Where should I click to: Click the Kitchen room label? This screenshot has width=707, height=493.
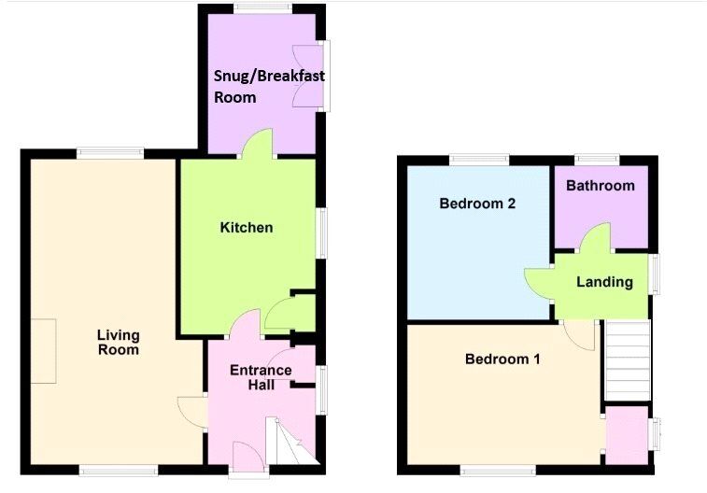(247, 228)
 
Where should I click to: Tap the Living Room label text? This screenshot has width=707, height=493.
(118, 343)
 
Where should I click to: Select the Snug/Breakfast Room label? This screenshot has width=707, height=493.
(269, 86)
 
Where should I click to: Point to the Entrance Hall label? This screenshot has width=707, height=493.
(261, 377)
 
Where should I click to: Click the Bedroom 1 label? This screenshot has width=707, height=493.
(502, 359)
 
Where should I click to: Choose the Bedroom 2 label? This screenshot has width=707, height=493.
(477, 204)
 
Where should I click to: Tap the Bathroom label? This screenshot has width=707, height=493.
(601, 186)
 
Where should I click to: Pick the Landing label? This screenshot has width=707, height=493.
(604, 282)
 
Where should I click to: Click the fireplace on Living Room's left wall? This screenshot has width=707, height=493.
(44, 350)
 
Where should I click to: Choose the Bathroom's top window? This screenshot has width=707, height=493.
(596, 160)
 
